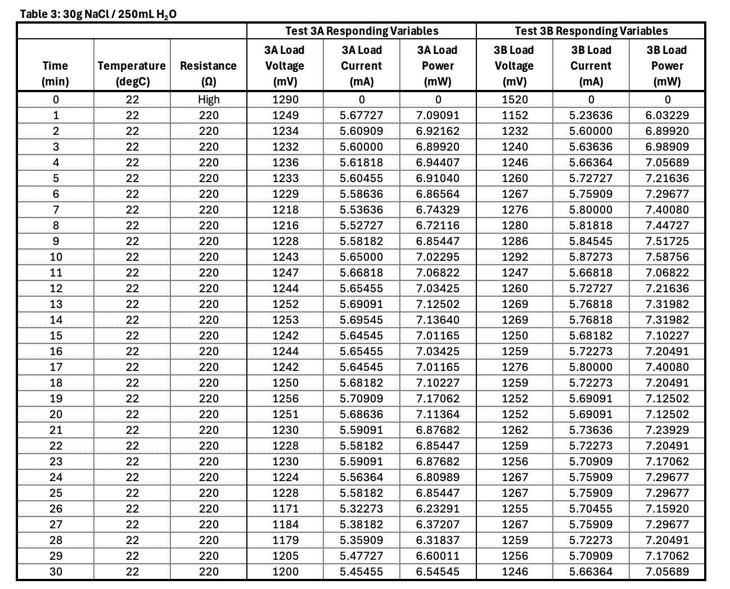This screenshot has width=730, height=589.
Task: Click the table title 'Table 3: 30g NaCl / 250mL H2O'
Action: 98,14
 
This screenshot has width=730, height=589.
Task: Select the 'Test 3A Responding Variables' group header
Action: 362,31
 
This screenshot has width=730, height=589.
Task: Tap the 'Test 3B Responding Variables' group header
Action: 591,31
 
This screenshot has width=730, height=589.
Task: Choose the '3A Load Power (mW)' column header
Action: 438,66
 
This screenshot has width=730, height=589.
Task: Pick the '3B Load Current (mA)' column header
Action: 591,66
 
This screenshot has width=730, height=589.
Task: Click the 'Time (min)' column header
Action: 55,73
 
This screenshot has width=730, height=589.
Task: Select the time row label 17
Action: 56,367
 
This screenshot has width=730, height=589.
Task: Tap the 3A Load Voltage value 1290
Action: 285,99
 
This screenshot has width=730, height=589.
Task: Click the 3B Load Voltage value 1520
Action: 515,99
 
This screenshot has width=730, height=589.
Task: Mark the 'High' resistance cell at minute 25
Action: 208,493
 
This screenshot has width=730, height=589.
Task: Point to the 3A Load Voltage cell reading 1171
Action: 285,509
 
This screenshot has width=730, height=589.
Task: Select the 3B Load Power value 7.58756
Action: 667,257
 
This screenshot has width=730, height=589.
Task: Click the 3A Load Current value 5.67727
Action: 362,115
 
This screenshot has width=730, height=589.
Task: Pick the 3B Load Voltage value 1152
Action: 515,115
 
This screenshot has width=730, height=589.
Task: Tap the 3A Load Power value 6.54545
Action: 438,572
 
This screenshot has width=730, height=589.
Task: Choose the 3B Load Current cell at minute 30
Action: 591,572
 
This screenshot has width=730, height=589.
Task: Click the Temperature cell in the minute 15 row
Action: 132,336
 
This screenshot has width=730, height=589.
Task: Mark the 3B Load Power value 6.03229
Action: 667,115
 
